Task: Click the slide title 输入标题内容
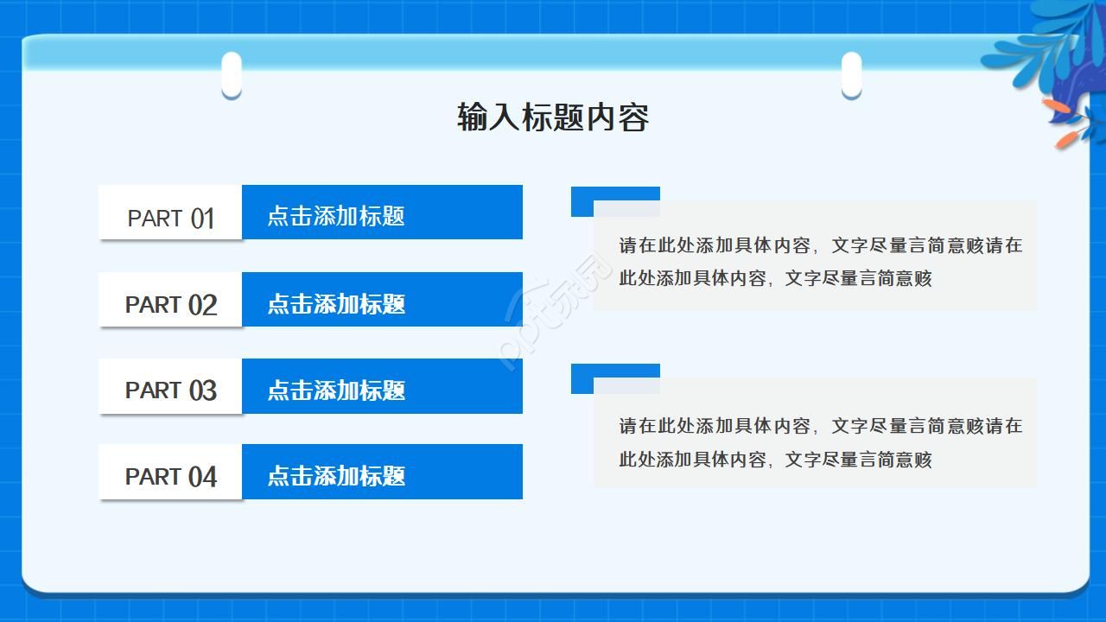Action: tap(553, 117)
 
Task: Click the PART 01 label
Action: tap(170, 218)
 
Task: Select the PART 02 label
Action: tap(170, 304)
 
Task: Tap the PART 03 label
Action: tap(170, 390)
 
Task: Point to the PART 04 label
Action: tap(170, 476)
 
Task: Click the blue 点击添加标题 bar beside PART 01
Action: tap(382, 213)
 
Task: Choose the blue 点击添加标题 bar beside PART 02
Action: tap(382, 300)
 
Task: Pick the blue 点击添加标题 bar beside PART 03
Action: tap(382, 386)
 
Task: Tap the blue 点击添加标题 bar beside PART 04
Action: tap(382, 472)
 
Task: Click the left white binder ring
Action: tap(232, 74)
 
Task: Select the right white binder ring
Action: tap(851, 74)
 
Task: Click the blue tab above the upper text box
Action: tap(615, 194)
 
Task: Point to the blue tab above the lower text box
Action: tap(615, 371)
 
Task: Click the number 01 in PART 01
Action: tap(202, 219)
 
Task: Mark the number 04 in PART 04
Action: tap(202, 477)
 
